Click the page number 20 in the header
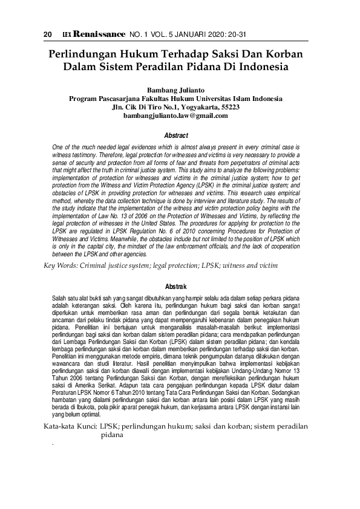[x=47, y=34]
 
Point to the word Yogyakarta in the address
[x=187, y=107]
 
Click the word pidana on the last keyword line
[x=111, y=435]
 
